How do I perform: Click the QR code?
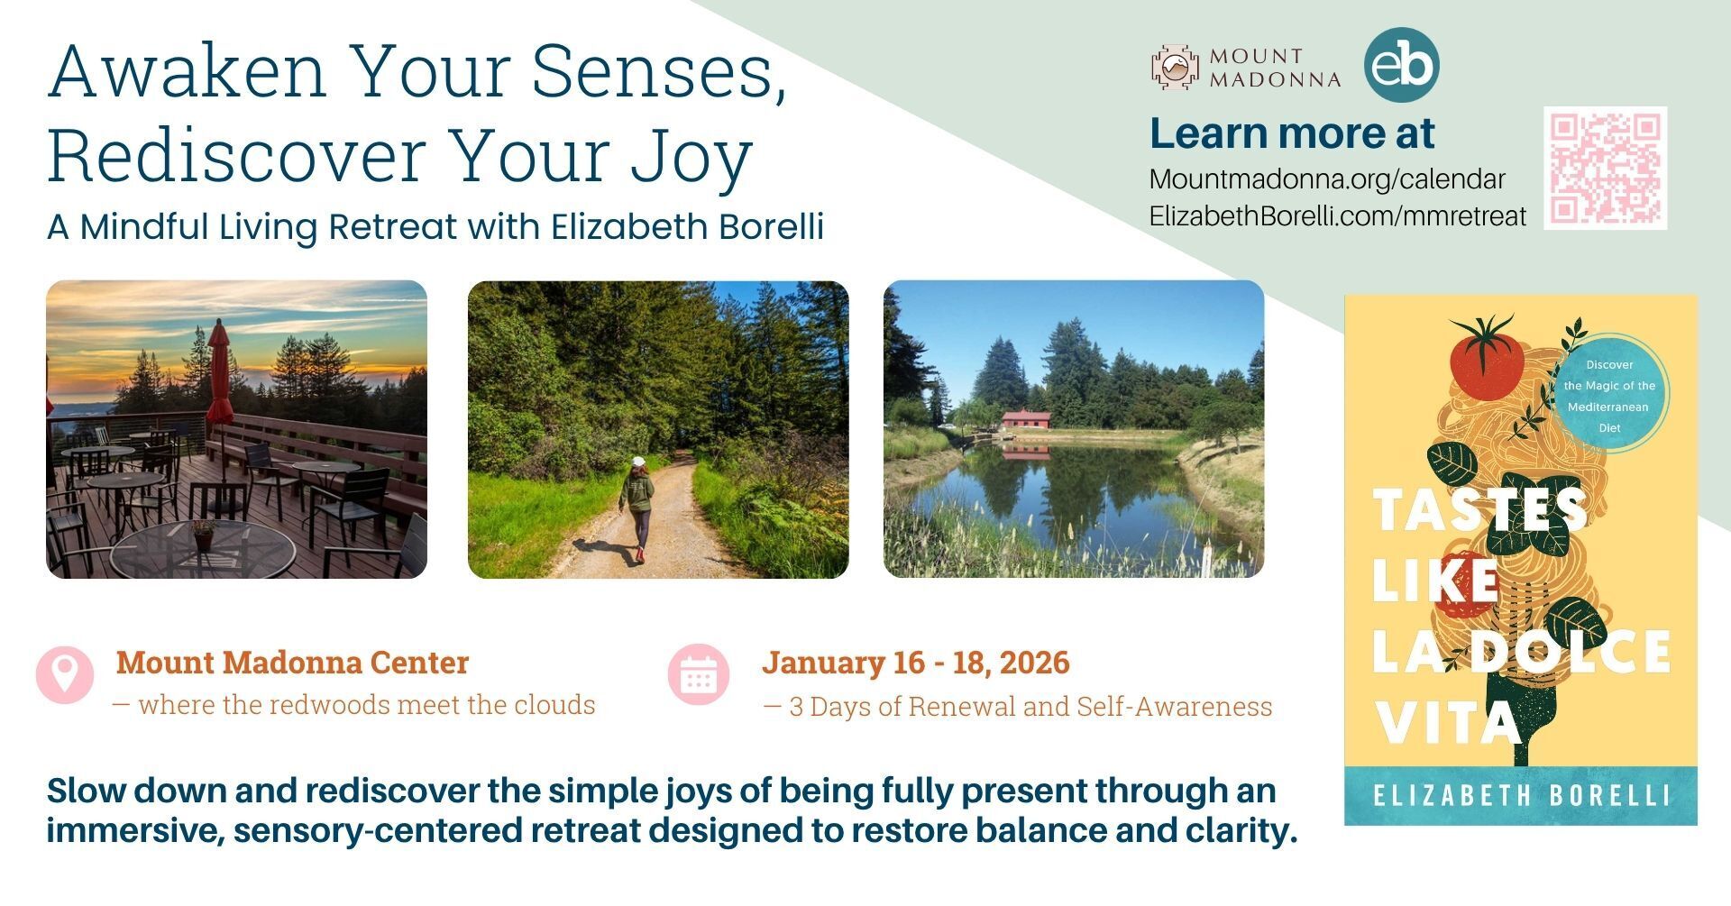[1605, 168]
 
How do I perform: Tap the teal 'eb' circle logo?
[1401, 65]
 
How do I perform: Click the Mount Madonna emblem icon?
[1176, 67]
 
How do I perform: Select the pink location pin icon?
[65, 674]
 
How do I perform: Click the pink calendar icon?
[698, 674]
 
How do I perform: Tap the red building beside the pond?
[1026, 420]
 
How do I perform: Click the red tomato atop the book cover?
[1486, 360]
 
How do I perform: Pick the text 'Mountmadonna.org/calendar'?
[1327, 179]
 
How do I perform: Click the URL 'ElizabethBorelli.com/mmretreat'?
[1338, 216]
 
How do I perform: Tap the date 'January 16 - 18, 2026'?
[916, 663]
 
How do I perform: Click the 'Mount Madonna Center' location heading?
[292, 663]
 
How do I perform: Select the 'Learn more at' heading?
[1292, 133]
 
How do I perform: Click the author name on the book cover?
[1521, 796]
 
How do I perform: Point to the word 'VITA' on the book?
[1450, 722]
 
